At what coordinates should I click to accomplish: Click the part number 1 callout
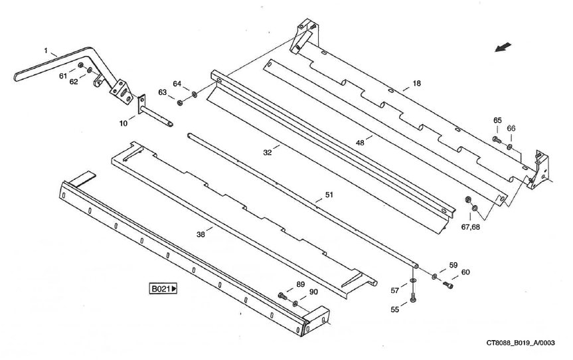tap(46, 50)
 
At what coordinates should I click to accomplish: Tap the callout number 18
tap(416, 84)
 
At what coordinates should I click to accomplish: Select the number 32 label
tap(268, 152)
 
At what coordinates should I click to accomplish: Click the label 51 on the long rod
tap(329, 195)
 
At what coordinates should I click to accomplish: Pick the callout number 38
tap(201, 233)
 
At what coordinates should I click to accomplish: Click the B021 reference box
tap(165, 289)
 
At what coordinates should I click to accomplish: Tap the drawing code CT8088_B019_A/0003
tap(521, 343)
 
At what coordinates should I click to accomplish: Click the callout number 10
tap(123, 124)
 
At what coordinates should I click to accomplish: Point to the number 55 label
tap(395, 310)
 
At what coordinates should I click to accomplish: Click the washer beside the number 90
tap(295, 304)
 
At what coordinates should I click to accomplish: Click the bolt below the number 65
tap(496, 139)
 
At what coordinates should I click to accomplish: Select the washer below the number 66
tap(509, 145)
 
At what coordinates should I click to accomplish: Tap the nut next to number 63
tap(180, 102)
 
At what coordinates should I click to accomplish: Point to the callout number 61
tap(63, 76)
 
